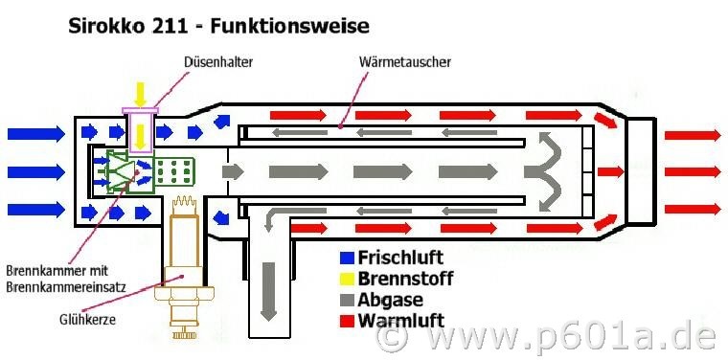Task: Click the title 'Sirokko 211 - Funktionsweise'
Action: (x=217, y=23)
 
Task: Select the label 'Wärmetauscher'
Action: (x=404, y=62)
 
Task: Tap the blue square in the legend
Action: (x=347, y=258)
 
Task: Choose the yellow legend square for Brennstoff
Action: (x=347, y=279)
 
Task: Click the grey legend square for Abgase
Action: (x=347, y=300)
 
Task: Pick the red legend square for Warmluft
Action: (x=347, y=320)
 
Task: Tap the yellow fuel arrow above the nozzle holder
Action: (x=140, y=94)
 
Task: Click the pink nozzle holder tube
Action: (x=141, y=130)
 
